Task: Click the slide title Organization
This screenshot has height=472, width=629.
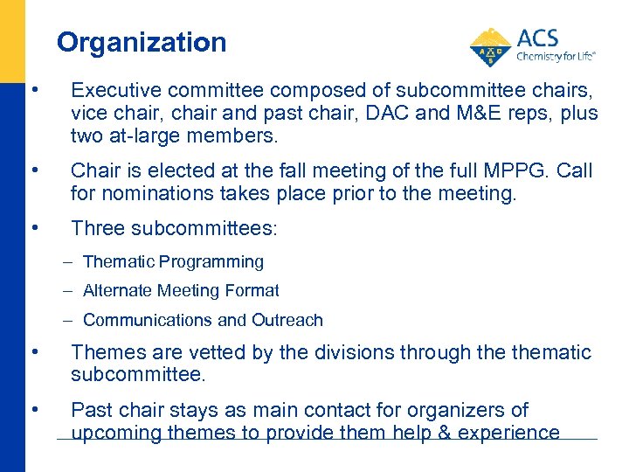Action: click(x=142, y=42)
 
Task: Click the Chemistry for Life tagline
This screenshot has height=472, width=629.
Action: click(x=556, y=55)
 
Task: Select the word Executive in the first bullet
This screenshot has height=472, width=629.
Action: click(x=108, y=89)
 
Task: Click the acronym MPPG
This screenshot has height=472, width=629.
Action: click(x=502, y=170)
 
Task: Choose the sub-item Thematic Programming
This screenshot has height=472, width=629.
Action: click(x=173, y=261)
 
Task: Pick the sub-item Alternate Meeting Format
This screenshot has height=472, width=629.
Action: click(x=181, y=290)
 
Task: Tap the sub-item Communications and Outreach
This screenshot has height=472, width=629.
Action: click(x=203, y=320)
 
